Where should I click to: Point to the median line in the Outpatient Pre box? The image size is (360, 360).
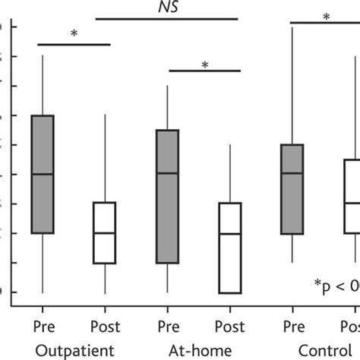click(42, 174)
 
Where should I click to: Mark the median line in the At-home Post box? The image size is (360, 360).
click(229, 233)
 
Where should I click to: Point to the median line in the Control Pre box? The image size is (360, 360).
click(292, 173)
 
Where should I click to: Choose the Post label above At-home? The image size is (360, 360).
click(229, 327)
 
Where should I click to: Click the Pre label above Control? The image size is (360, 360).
click(292, 327)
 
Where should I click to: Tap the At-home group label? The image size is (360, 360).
click(198, 350)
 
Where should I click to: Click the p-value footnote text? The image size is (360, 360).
click(337, 285)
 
